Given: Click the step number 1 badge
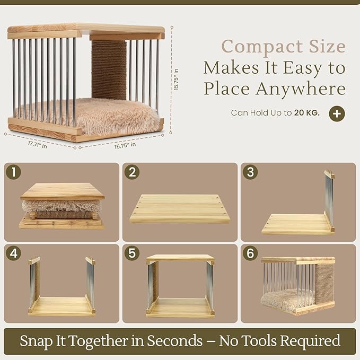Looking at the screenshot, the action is [x=14, y=172].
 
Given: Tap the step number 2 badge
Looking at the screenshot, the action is [x=132, y=172].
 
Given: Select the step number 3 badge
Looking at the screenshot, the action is [x=250, y=172].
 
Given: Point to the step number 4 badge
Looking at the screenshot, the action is [x=14, y=253].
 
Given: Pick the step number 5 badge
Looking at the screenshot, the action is [x=132, y=253].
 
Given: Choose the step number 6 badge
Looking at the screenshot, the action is [x=250, y=253].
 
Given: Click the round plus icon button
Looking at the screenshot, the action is [x=337, y=113].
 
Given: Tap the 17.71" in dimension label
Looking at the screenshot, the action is [x=38, y=145].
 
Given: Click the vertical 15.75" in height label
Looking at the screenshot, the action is [x=176, y=79].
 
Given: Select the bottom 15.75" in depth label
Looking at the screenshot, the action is [x=125, y=145].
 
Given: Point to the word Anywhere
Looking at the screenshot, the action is [x=301, y=89].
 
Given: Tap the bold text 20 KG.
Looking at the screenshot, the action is [x=307, y=113].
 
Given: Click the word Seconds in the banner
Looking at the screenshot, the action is [x=175, y=340].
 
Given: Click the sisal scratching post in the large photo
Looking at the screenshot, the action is [x=109, y=70].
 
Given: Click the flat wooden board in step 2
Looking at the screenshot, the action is [x=180, y=209].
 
